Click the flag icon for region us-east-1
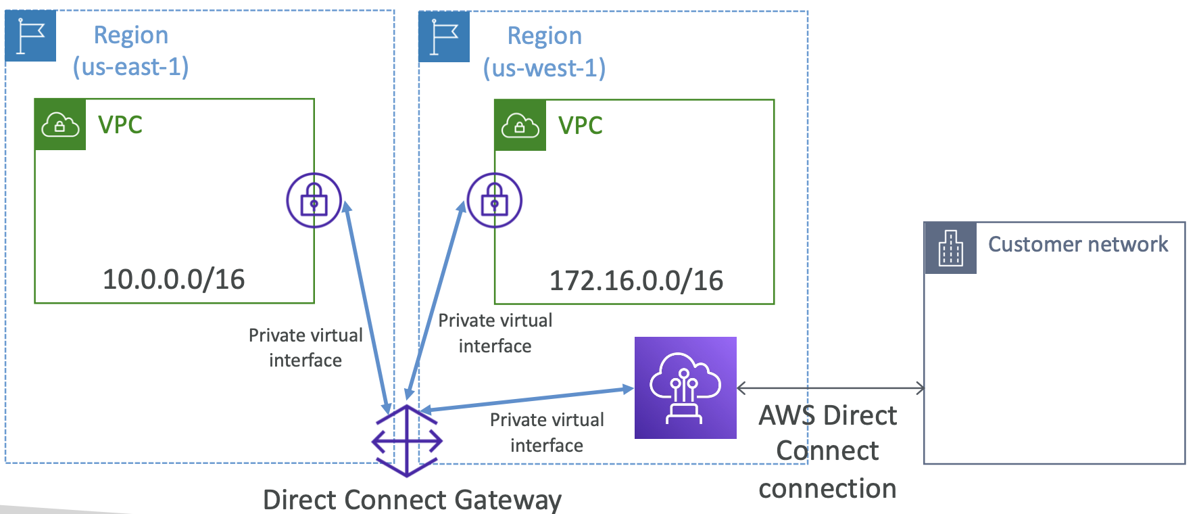30,36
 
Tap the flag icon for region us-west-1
444,37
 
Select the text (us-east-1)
131,67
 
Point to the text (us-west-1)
544,68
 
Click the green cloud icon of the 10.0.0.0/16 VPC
60,124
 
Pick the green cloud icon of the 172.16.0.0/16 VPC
520,125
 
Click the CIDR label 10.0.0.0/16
174,279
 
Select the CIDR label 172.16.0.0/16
636,281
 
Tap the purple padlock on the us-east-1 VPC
314,200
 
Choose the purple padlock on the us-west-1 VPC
495,200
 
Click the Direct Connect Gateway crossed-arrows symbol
407,441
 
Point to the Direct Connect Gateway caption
412,500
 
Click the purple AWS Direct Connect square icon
685,388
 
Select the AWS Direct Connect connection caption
827,451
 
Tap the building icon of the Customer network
950,248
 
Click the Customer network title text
1077,244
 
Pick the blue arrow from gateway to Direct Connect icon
527,399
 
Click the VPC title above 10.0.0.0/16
120,125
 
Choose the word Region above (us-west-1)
545,36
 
